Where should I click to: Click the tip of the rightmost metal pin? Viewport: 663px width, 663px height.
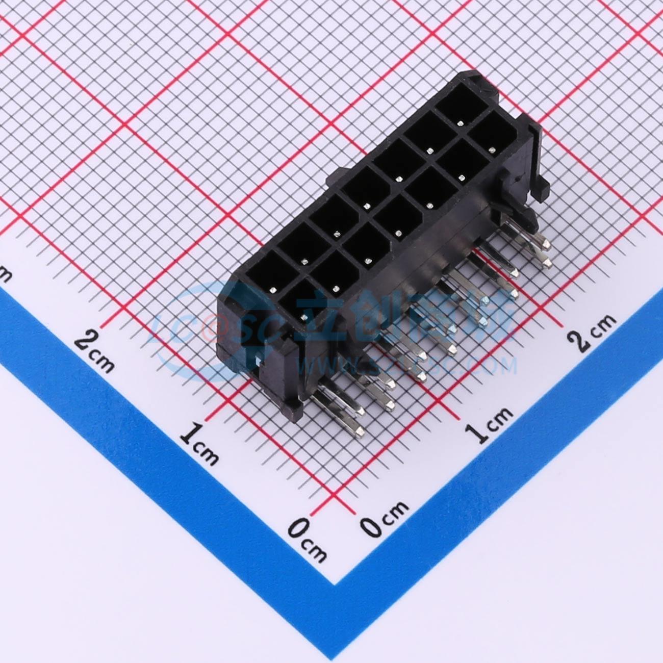[546, 263]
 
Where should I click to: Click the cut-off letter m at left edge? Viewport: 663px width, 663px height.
[5, 275]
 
